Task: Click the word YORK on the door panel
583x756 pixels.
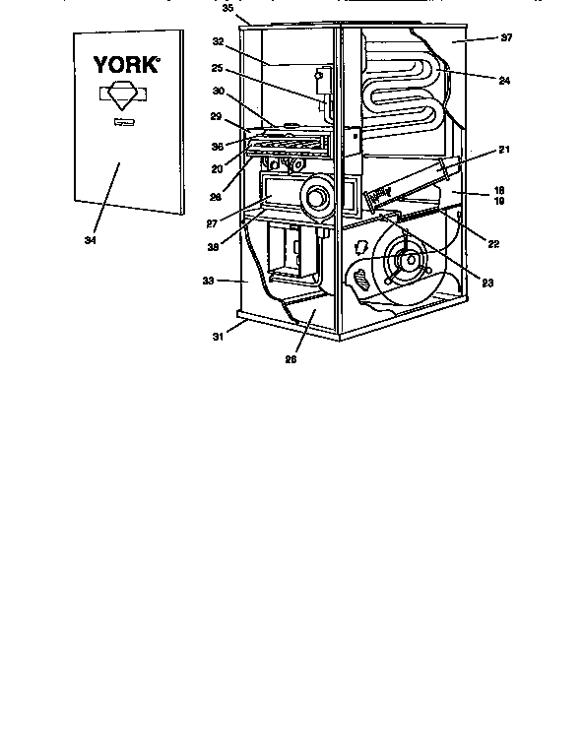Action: pos(126,64)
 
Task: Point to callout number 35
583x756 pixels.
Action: pos(227,8)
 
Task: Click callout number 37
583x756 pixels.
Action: pos(507,38)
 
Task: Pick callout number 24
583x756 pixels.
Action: pos(504,81)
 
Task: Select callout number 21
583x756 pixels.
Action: pos(504,149)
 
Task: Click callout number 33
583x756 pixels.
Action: pos(208,281)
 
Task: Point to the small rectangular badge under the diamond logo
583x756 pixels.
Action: pos(122,123)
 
